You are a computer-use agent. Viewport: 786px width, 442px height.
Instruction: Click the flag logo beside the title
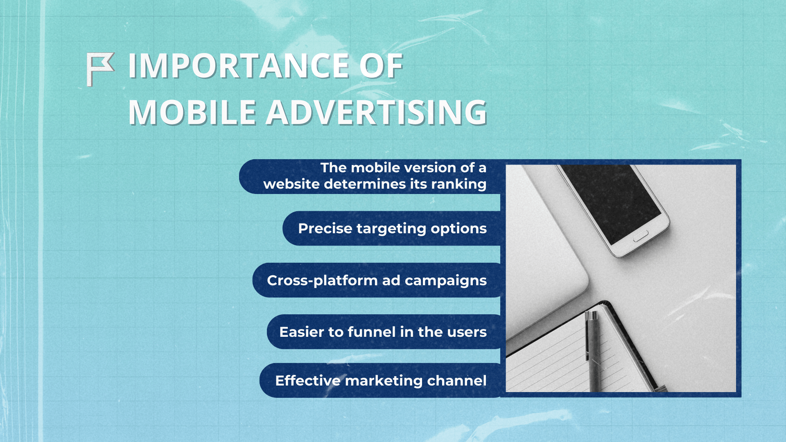click(x=100, y=69)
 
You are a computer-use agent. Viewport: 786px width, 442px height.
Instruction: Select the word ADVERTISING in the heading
click(x=376, y=113)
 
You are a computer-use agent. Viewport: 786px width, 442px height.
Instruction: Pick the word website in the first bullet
click(x=291, y=184)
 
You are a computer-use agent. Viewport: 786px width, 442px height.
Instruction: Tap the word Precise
click(x=325, y=228)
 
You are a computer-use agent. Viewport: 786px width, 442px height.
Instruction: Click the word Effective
click(x=307, y=381)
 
